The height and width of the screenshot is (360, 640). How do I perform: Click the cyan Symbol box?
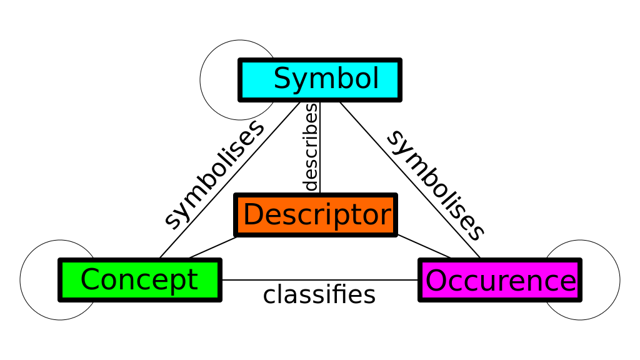point(320,80)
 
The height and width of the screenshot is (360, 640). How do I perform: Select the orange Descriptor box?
point(316,215)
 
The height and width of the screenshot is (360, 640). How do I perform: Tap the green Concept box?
point(140,280)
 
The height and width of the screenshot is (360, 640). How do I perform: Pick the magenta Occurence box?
point(500,280)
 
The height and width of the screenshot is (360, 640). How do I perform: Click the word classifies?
point(319,295)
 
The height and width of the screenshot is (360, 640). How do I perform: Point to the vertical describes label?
point(311,147)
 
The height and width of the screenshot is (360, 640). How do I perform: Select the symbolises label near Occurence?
point(436,185)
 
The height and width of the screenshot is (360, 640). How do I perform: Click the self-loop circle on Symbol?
point(201,80)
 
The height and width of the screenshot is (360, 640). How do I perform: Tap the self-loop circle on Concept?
point(21,280)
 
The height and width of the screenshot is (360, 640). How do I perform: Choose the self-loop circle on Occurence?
point(619,280)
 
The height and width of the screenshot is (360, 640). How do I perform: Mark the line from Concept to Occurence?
point(320,280)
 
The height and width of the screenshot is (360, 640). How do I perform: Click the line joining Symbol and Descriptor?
point(320,147)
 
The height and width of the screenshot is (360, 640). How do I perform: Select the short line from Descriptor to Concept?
point(213,247)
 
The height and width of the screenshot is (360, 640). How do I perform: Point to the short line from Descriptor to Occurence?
point(424,246)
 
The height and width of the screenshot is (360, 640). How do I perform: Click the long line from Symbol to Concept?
point(230,180)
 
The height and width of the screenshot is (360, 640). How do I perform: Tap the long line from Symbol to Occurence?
point(410,180)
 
